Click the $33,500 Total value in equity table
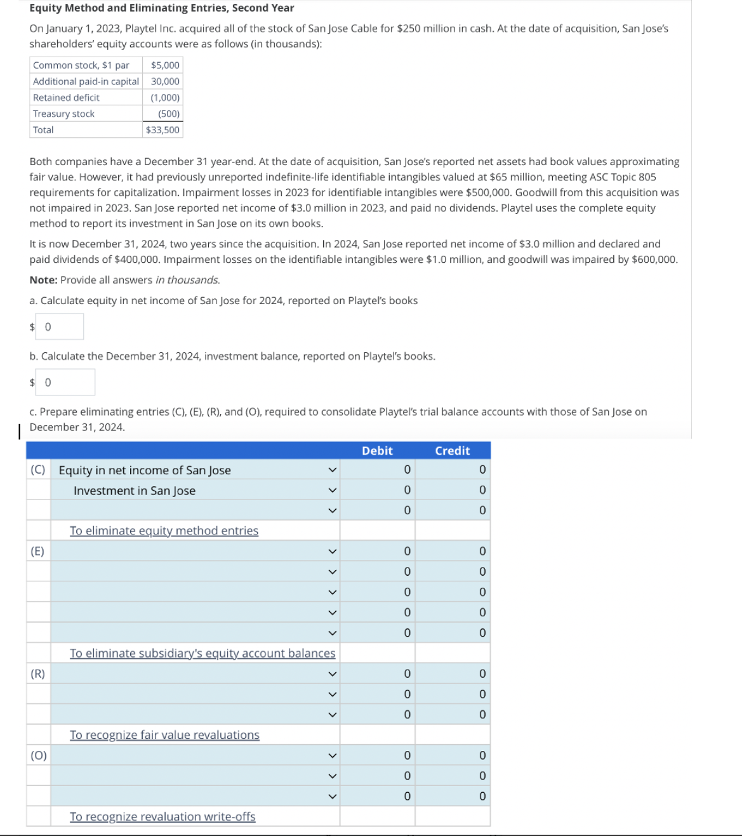click(x=162, y=130)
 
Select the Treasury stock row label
click(x=63, y=114)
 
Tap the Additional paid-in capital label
click(x=86, y=81)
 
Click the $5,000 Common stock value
click(x=165, y=65)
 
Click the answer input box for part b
click(x=65, y=382)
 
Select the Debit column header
click(x=377, y=451)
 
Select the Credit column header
click(x=452, y=451)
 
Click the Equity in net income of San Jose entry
click(x=145, y=470)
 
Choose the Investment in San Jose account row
click(x=135, y=491)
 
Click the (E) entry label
click(x=37, y=551)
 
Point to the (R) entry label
click(x=37, y=673)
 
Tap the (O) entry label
click(x=38, y=755)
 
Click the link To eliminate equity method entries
click(x=164, y=531)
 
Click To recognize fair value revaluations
click(x=164, y=735)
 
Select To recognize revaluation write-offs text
click(x=162, y=817)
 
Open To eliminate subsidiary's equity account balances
click(x=202, y=653)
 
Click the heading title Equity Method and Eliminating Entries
click(x=161, y=8)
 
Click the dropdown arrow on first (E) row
click(x=331, y=551)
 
